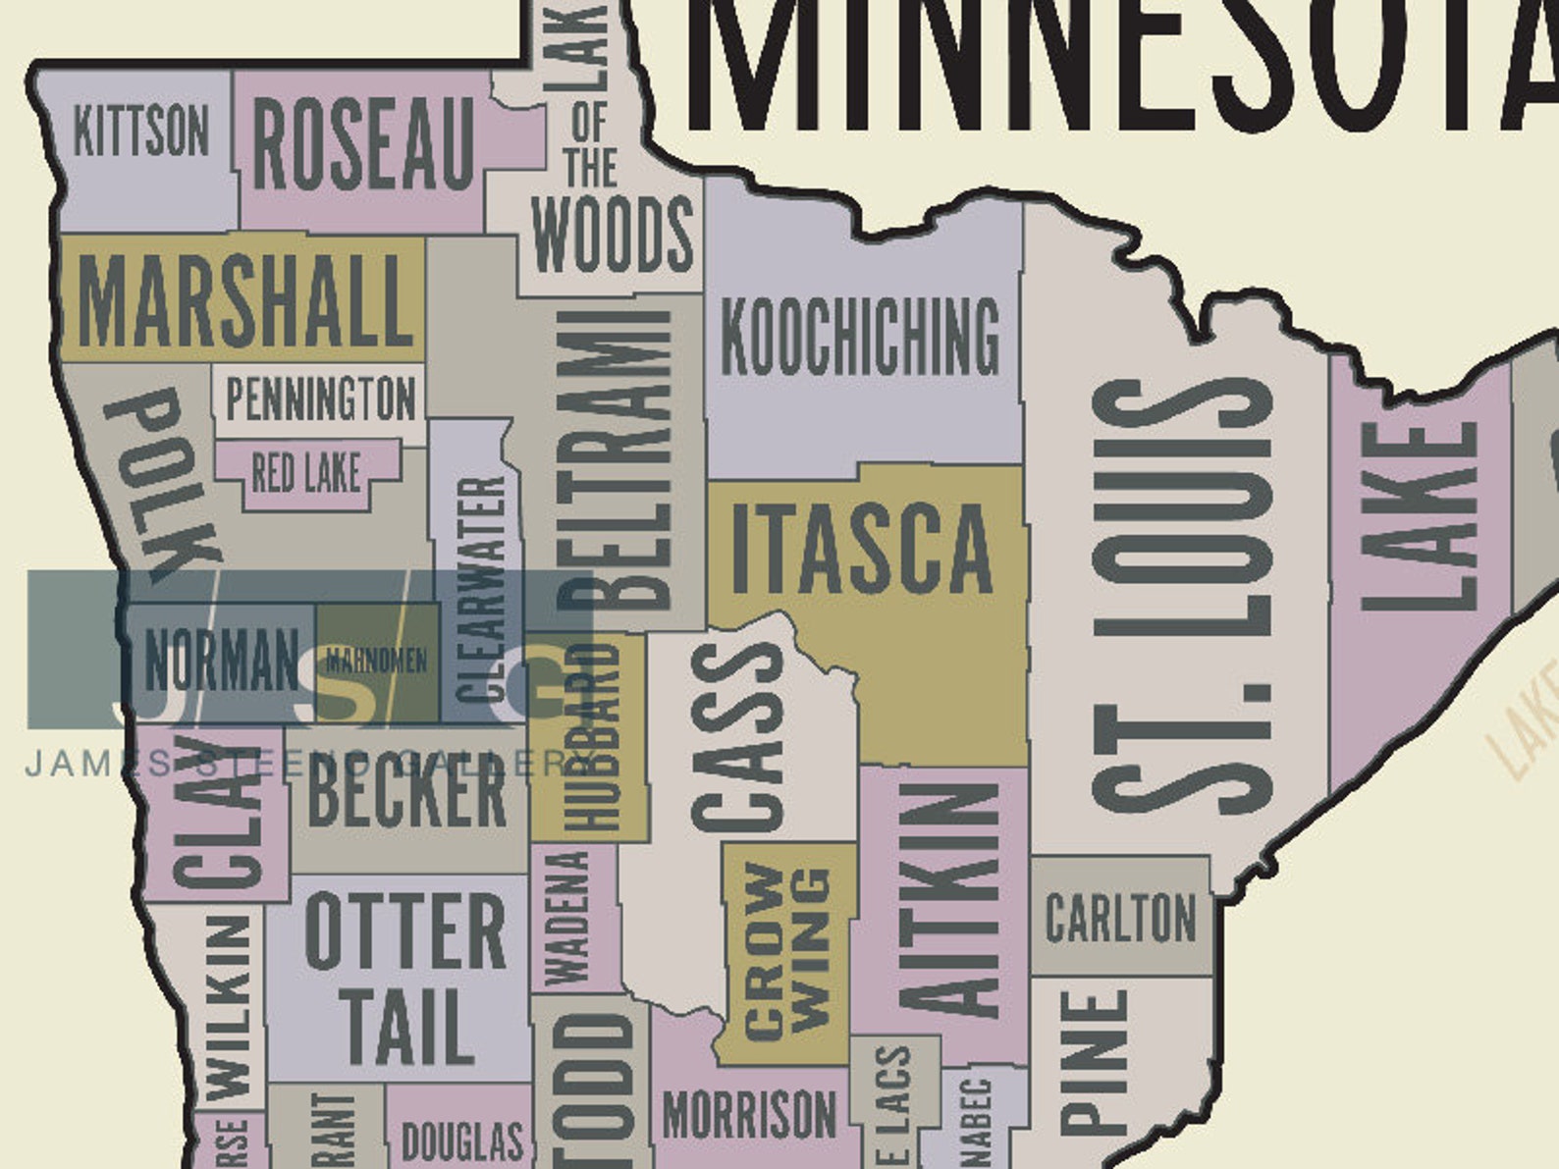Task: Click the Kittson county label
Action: point(141,131)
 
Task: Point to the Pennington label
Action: point(320,399)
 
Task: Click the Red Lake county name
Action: point(305,473)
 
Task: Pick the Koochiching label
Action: point(860,338)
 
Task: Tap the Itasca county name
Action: point(862,548)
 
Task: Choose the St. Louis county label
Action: point(1182,596)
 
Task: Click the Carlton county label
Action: point(1120,918)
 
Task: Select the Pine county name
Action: point(1094,1060)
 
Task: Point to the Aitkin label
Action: point(948,898)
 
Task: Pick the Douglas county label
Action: point(461,1141)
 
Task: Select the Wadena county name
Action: point(566,918)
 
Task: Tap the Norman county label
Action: point(221,661)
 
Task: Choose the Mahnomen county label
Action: point(376,661)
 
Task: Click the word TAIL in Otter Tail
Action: point(403,1027)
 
